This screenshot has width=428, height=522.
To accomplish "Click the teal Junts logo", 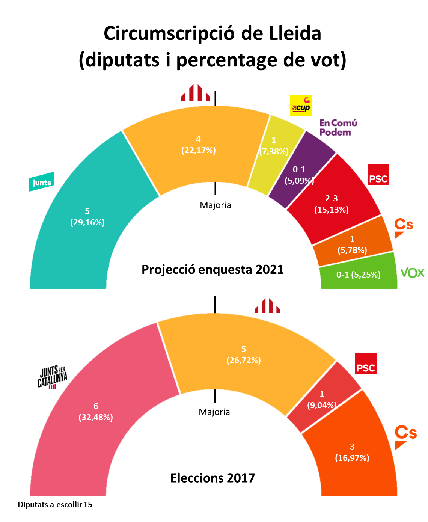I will point(42,182).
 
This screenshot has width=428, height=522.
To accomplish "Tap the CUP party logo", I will point(301,105).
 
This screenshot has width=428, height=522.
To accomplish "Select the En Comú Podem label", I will point(338,127).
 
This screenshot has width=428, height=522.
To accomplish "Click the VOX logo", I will point(412,273).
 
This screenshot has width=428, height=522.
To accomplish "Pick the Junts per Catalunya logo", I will point(52,377).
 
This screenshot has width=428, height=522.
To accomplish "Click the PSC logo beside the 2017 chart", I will point(366,364).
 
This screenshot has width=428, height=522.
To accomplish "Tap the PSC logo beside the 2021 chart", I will point(378,175).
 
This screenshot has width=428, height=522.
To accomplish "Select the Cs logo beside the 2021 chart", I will point(403,228).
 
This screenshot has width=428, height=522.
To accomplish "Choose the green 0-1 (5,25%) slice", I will point(358,275).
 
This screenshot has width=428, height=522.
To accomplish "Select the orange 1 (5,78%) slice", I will point(352,245).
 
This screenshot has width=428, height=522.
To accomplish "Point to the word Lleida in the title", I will point(295,33).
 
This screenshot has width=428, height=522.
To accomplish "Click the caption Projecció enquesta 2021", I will point(212,270).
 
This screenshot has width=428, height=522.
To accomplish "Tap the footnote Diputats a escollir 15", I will point(55,505).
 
